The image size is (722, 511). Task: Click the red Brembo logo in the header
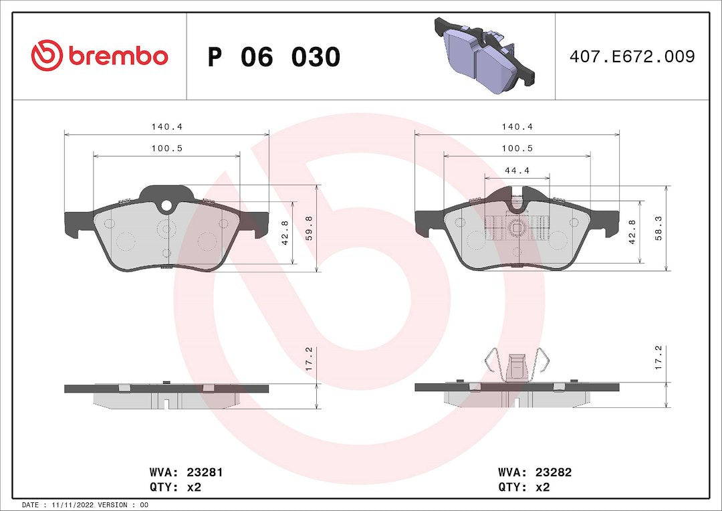(x=100, y=56)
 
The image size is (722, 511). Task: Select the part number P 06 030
(x=274, y=57)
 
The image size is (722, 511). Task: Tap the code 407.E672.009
(x=632, y=56)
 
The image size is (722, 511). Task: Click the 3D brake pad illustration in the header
(x=485, y=56)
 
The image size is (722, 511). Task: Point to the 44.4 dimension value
(x=517, y=171)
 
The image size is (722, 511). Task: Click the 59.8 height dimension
(x=309, y=228)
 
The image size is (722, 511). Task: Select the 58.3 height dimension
(x=659, y=228)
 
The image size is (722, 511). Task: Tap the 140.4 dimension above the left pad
(x=166, y=126)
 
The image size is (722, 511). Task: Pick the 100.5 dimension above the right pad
(x=517, y=148)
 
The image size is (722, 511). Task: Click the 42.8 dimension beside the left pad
(x=285, y=233)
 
